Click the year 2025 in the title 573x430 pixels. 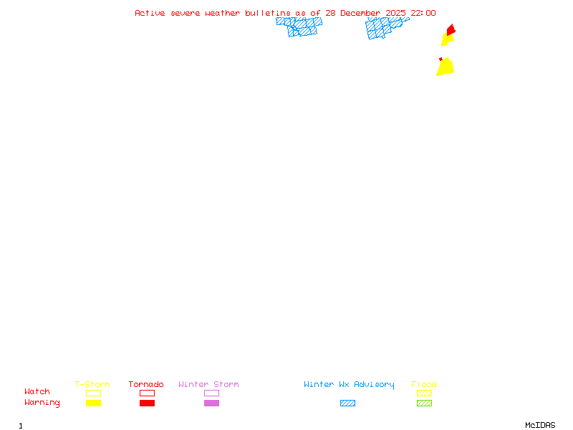[x=396, y=13]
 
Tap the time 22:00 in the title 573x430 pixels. [x=423, y=13]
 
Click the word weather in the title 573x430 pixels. [x=223, y=13]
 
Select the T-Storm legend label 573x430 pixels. [x=92, y=385]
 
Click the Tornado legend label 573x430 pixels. [x=146, y=385]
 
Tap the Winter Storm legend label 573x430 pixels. [x=208, y=385]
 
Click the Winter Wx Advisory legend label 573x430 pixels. [x=349, y=385]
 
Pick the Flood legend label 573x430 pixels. [x=424, y=385]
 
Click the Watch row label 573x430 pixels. [x=37, y=392]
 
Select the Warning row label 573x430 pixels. [x=42, y=403]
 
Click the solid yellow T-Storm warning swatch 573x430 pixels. [x=93, y=403]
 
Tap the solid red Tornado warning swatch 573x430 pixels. [x=147, y=403]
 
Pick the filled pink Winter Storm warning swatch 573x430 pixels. [x=211, y=403]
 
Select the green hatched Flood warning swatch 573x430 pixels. [x=424, y=403]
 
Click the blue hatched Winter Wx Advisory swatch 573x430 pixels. [x=347, y=403]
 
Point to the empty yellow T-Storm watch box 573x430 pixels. [x=93, y=393]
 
